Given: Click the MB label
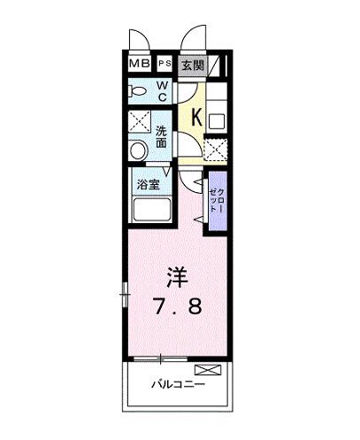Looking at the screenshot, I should coord(139,65).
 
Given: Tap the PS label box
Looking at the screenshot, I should coord(165,65).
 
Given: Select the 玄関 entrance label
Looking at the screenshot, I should coord(193,65).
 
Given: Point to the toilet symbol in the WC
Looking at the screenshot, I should coord(138,91).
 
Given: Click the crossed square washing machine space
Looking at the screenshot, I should coord(139,121).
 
